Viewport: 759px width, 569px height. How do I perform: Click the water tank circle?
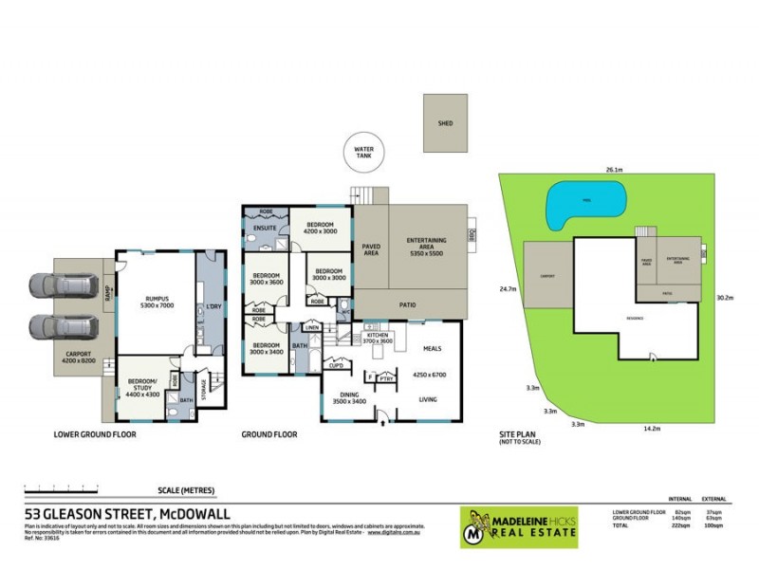(x=363, y=152)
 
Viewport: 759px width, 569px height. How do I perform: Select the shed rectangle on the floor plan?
(x=445, y=124)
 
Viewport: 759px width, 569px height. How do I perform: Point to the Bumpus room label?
(x=154, y=302)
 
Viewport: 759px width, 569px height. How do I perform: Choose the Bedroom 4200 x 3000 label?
(x=320, y=228)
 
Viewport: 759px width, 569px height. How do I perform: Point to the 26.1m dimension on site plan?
(x=614, y=171)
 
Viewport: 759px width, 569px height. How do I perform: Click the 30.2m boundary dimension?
(x=725, y=297)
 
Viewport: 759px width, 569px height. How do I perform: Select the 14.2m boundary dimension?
(x=650, y=428)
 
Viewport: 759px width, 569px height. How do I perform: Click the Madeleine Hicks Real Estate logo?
(x=519, y=527)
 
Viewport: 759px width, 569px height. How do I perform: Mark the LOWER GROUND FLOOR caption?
(x=95, y=434)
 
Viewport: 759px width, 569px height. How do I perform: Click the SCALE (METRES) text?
(x=186, y=490)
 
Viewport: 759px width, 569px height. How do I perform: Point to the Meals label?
(x=432, y=348)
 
